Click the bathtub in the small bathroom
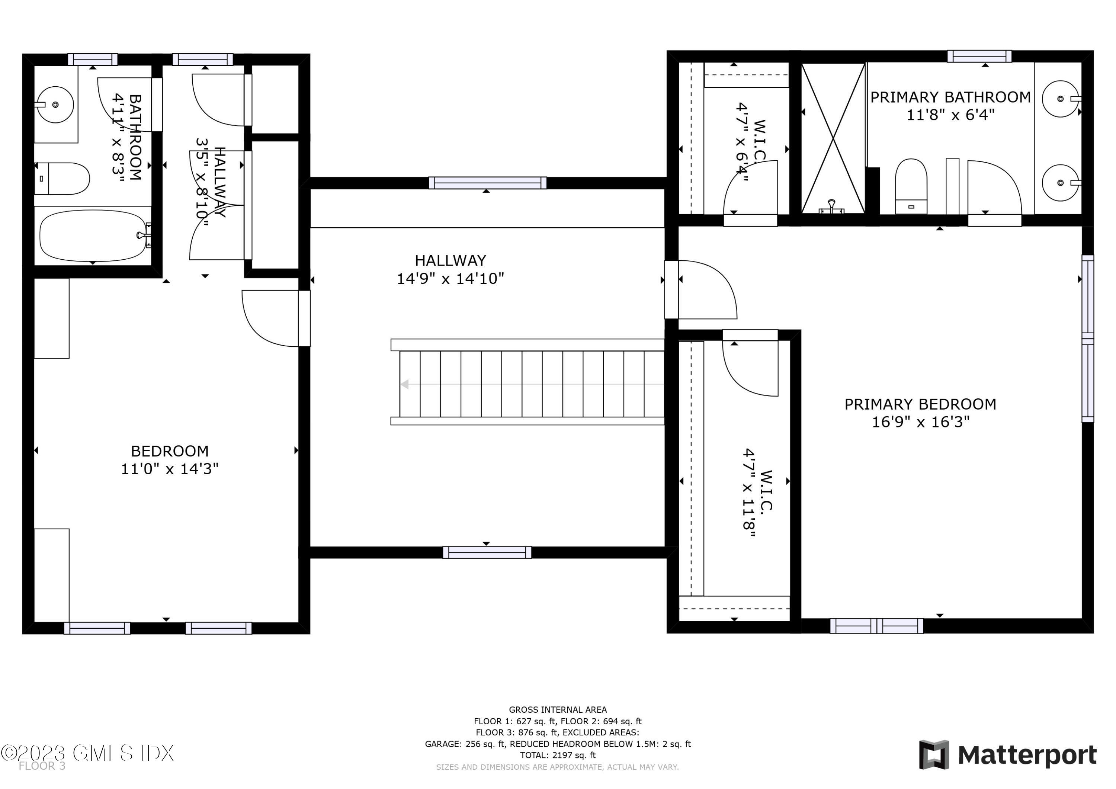point(92,236)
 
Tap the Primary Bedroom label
point(920,404)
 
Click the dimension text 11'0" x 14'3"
point(170,469)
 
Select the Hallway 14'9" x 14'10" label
point(450,269)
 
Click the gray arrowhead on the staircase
point(404,385)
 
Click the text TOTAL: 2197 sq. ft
point(558,755)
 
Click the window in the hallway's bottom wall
point(487,552)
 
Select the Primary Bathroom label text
point(950,97)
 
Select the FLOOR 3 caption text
point(42,766)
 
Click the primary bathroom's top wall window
point(979,57)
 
